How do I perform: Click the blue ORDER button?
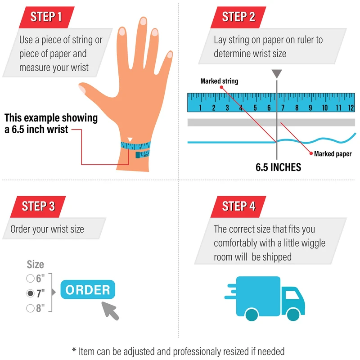pos(88,290)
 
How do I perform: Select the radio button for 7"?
pos(30,293)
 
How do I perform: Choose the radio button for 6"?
pos(30,278)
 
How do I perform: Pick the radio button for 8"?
pos(30,308)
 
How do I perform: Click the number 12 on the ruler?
pos(350,108)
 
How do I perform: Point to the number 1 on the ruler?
pos(199,108)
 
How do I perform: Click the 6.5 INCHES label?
pos(278,167)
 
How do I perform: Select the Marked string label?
pos(219,81)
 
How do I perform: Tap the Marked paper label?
pos(333,154)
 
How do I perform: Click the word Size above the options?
pos(35,264)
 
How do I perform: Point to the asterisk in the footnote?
pos(74,350)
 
